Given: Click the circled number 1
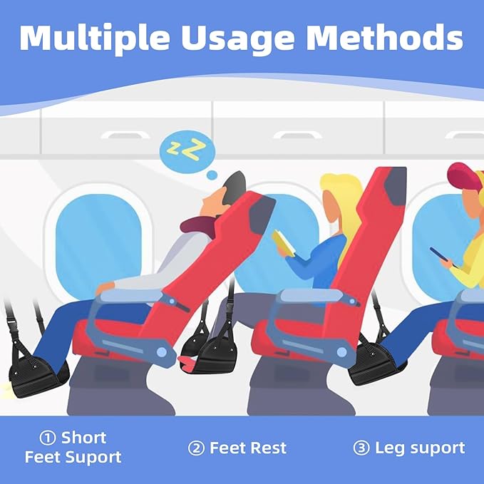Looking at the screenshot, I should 47,438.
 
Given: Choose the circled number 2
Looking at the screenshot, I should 195,448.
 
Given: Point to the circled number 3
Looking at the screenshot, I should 361,448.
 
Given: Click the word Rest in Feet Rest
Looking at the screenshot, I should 267,448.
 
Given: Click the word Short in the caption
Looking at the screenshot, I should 84,438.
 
